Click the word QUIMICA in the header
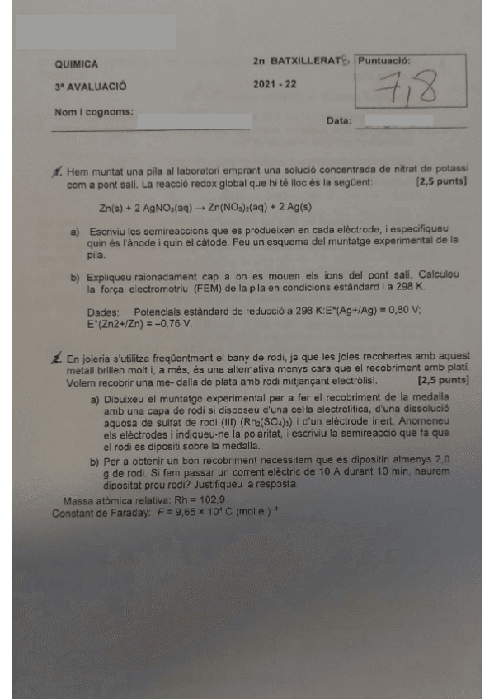coord(76,63)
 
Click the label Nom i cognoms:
coord(93,112)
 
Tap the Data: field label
coord(339,120)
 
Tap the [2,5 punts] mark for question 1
coord(442,181)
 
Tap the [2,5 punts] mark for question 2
coord(443,382)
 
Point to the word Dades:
coord(104,311)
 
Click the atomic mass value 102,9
coord(207,500)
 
